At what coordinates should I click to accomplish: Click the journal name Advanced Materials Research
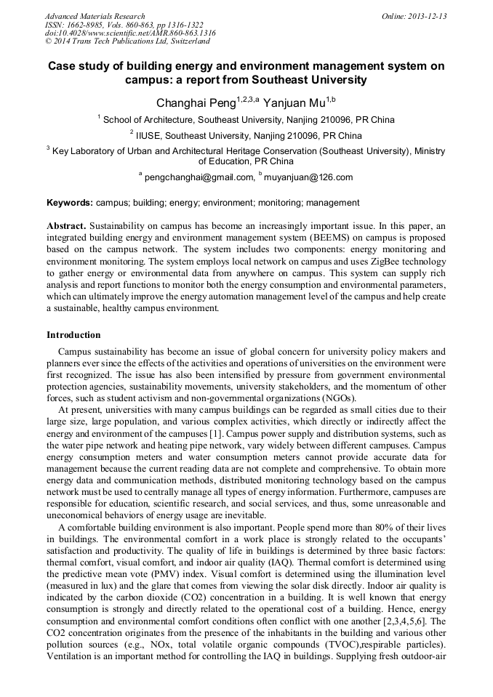click(95, 16)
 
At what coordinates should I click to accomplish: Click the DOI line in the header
click(130, 33)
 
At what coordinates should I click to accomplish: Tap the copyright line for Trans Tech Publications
click(127, 42)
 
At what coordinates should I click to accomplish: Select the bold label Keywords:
click(70, 203)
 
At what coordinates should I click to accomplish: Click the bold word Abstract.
click(66, 226)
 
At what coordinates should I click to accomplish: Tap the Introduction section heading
click(73, 335)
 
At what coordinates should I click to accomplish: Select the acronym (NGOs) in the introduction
click(339, 398)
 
